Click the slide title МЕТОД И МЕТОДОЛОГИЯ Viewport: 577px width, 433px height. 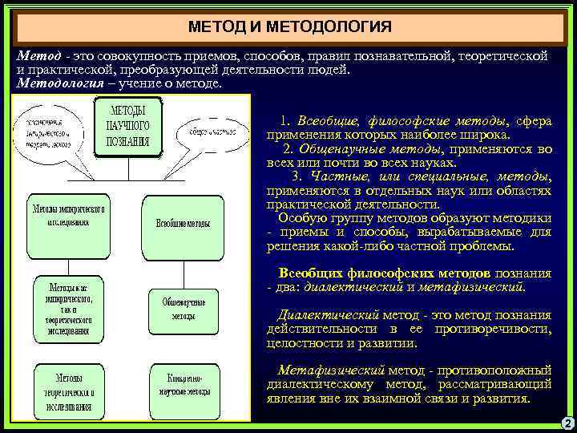[289, 28]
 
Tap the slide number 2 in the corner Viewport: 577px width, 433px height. [567, 423]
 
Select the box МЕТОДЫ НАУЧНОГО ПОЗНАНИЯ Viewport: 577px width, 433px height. [128, 127]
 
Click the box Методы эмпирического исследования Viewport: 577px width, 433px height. [69, 215]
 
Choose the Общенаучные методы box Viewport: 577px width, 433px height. [184, 309]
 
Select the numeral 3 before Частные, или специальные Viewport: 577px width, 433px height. [297, 176]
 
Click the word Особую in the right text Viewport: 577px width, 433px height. [297, 216]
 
